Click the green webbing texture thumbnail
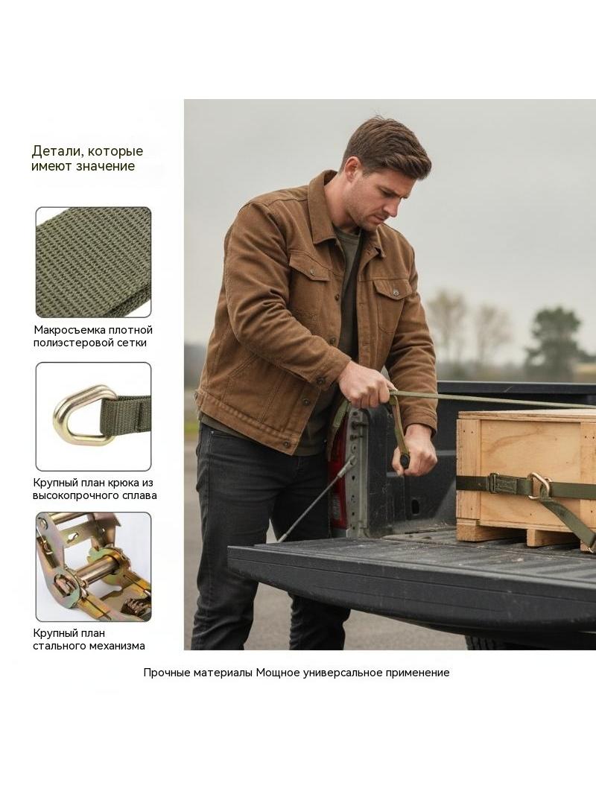(x=93, y=262)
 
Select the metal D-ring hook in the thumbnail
(x=81, y=415)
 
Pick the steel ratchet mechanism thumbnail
(x=93, y=567)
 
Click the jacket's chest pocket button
(x=395, y=292)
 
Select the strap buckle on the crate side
(x=501, y=484)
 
